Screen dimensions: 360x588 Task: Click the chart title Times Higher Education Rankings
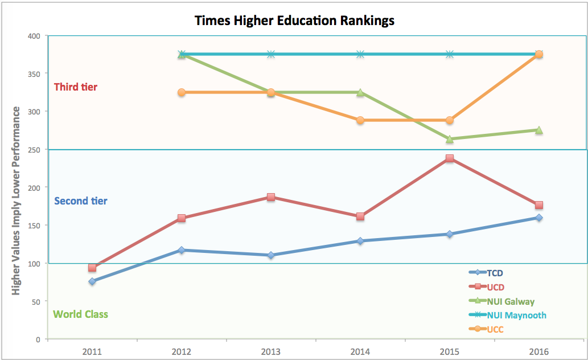point(294,21)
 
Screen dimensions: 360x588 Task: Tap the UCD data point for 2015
point(450,158)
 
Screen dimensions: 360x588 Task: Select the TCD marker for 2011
point(92,281)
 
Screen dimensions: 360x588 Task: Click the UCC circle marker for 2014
point(360,120)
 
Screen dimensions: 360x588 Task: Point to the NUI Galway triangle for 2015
point(450,138)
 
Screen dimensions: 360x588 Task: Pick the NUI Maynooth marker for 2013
point(271,54)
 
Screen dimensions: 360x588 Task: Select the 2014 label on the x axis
point(360,352)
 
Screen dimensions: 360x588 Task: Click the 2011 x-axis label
point(92,352)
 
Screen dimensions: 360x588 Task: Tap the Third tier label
point(75,87)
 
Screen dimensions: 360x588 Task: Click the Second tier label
point(80,201)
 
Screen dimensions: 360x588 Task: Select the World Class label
point(80,314)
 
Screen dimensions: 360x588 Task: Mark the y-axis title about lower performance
point(17,201)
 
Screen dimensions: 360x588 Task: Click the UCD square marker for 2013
point(271,197)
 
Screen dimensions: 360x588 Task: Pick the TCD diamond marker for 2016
point(538,218)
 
